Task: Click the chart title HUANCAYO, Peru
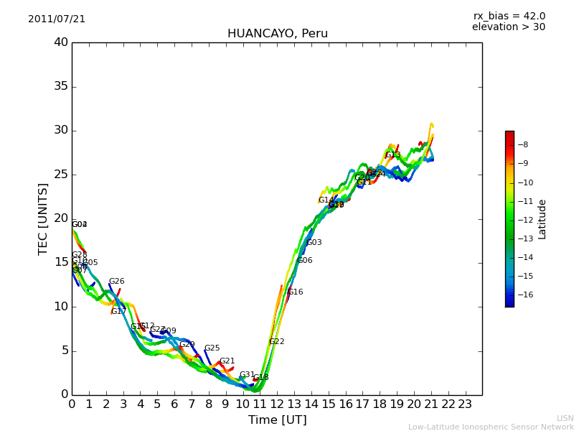click(x=277, y=34)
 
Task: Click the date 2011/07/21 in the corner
click(x=57, y=19)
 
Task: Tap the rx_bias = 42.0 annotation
click(x=509, y=17)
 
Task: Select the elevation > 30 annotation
click(x=508, y=27)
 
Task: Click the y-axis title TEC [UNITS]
click(x=43, y=218)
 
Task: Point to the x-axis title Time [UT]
click(x=277, y=420)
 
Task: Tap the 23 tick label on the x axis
click(x=465, y=404)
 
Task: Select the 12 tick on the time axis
click(x=277, y=404)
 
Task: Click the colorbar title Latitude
click(x=542, y=218)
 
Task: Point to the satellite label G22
click(x=277, y=342)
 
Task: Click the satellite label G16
click(x=296, y=292)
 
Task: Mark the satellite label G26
click(x=117, y=282)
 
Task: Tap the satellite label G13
click(x=393, y=155)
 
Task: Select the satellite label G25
click(x=212, y=348)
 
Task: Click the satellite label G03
click(x=314, y=243)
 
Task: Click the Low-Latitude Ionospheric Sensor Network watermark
click(x=491, y=427)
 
